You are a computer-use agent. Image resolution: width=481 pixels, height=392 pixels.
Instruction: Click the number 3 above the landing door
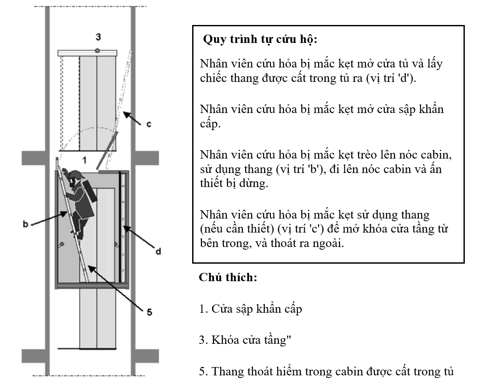click(x=98, y=36)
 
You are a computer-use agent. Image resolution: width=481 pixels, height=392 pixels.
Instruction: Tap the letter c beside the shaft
click(x=148, y=124)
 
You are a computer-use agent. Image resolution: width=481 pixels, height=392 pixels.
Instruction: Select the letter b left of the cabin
click(x=25, y=224)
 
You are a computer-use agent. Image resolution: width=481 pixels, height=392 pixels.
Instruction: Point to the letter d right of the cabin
click(x=158, y=251)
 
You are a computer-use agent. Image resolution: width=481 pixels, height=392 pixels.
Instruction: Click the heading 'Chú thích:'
click(x=228, y=278)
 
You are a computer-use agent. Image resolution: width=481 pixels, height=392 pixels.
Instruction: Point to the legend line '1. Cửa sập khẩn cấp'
click(x=250, y=309)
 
